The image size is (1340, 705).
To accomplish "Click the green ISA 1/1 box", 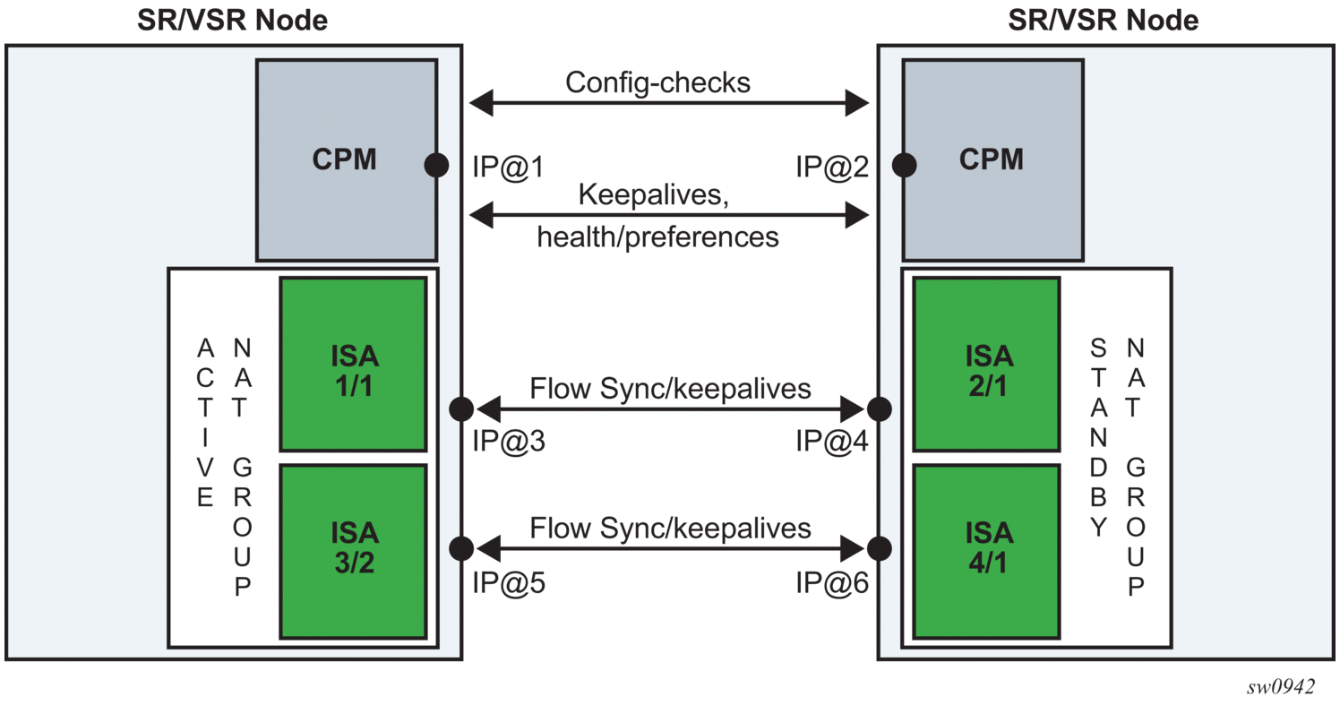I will pyautogui.click(x=353, y=364).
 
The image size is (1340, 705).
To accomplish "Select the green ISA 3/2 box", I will pyautogui.click(x=353, y=551).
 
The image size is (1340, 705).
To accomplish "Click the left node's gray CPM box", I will pyautogui.click(x=346, y=159).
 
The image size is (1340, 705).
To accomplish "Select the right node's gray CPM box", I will pyautogui.click(x=992, y=159).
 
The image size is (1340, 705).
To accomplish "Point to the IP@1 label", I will pyautogui.click(x=508, y=167).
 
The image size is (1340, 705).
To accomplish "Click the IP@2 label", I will pyautogui.click(x=832, y=167).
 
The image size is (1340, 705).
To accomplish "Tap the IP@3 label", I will pyautogui.click(x=508, y=443).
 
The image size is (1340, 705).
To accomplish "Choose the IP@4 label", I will pyautogui.click(x=832, y=443).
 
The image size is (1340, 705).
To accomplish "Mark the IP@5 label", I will pyautogui.click(x=508, y=583).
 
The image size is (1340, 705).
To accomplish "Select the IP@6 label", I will pyautogui.click(x=832, y=583).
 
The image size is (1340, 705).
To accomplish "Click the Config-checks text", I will pyautogui.click(x=658, y=82).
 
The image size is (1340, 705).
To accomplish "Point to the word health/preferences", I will pyautogui.click(x=658, y=237).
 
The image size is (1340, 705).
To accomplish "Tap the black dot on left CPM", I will pyautogui.click(x=436, y=165).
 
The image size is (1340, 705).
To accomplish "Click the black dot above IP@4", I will pyautogui.click(x=879, y=409).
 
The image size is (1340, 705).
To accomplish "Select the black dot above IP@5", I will pyautogui.click(x=461, y=547).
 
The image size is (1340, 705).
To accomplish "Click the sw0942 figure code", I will pyautogui.click(x=1281, y=687).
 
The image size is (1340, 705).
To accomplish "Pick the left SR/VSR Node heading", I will pyautogui.click(x=232, y=20).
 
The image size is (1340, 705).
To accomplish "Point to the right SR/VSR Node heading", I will pyautogui.click(x=1103, y=20).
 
